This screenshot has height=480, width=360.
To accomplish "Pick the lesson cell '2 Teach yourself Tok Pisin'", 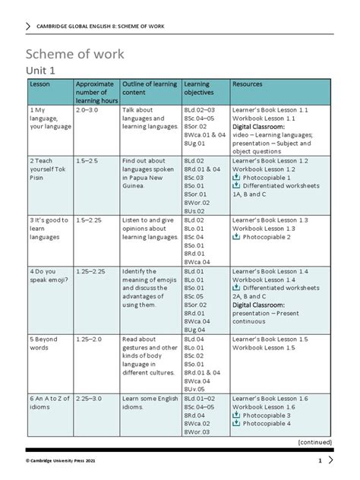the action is (x=46, y=171).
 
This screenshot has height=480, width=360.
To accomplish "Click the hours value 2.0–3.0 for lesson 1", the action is (x=87, y=110).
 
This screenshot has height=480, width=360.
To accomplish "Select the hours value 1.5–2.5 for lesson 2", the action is (x=87, y=162).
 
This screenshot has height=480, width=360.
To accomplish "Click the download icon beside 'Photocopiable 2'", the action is (x=236, y=238).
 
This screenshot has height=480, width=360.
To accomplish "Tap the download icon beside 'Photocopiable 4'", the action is (x=236, y=424).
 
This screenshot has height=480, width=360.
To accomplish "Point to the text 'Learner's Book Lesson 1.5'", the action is (x=270, y=339).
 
